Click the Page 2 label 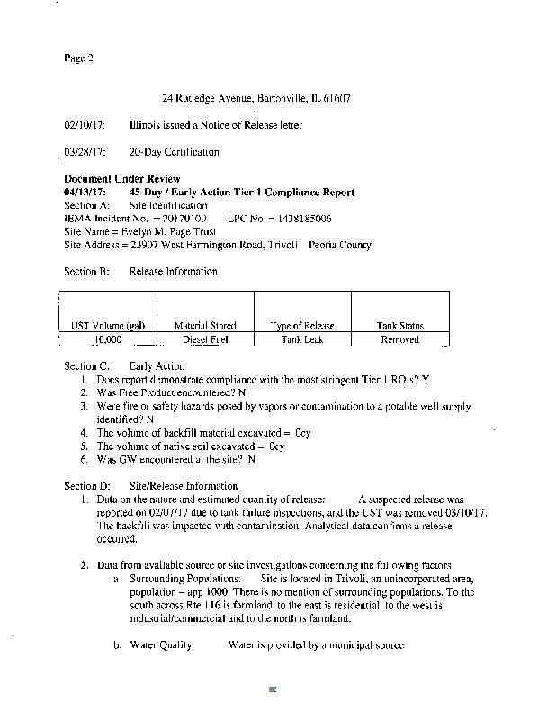tap(78, 58)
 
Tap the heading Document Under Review tap(122, 179)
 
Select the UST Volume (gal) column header tap(108, 326)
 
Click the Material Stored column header tap(205, 326)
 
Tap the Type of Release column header tap(302, 326)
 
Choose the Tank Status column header tap(400, 326)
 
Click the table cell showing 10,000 tap(108, 340)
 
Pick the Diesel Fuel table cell tap(205, 340)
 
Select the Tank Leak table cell tap(302, 340)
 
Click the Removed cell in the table tap(400, 340)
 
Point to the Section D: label tap(87, 486)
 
